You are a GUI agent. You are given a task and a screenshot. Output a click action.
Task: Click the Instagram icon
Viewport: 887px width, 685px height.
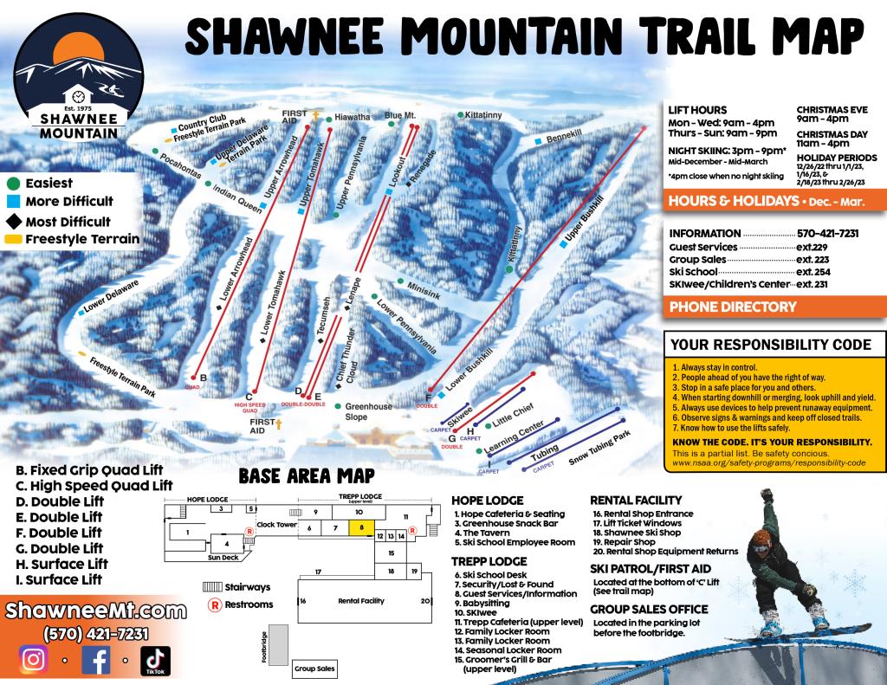33,660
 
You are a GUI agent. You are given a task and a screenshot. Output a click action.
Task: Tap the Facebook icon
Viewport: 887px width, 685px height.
96,660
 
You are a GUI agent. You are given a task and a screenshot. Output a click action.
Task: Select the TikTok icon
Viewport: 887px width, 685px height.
156,661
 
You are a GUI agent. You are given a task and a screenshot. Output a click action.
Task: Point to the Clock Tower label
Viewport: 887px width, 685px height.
276,525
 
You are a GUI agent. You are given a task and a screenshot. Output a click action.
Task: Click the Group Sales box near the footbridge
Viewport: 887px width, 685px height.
314,669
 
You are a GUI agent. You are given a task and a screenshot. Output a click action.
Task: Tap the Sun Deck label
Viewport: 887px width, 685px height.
222,558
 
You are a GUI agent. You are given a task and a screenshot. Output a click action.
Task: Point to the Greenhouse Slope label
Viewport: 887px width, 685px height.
369,411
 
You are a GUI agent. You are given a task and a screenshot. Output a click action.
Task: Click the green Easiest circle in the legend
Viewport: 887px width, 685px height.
13,184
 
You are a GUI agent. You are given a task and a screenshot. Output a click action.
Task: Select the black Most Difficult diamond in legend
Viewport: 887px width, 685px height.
13,222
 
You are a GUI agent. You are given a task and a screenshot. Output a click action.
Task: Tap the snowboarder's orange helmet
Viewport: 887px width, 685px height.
761,541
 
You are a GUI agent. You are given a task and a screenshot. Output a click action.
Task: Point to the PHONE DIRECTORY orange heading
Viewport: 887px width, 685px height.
733,307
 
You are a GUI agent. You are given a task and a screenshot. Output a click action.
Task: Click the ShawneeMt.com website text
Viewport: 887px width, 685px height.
95,611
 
